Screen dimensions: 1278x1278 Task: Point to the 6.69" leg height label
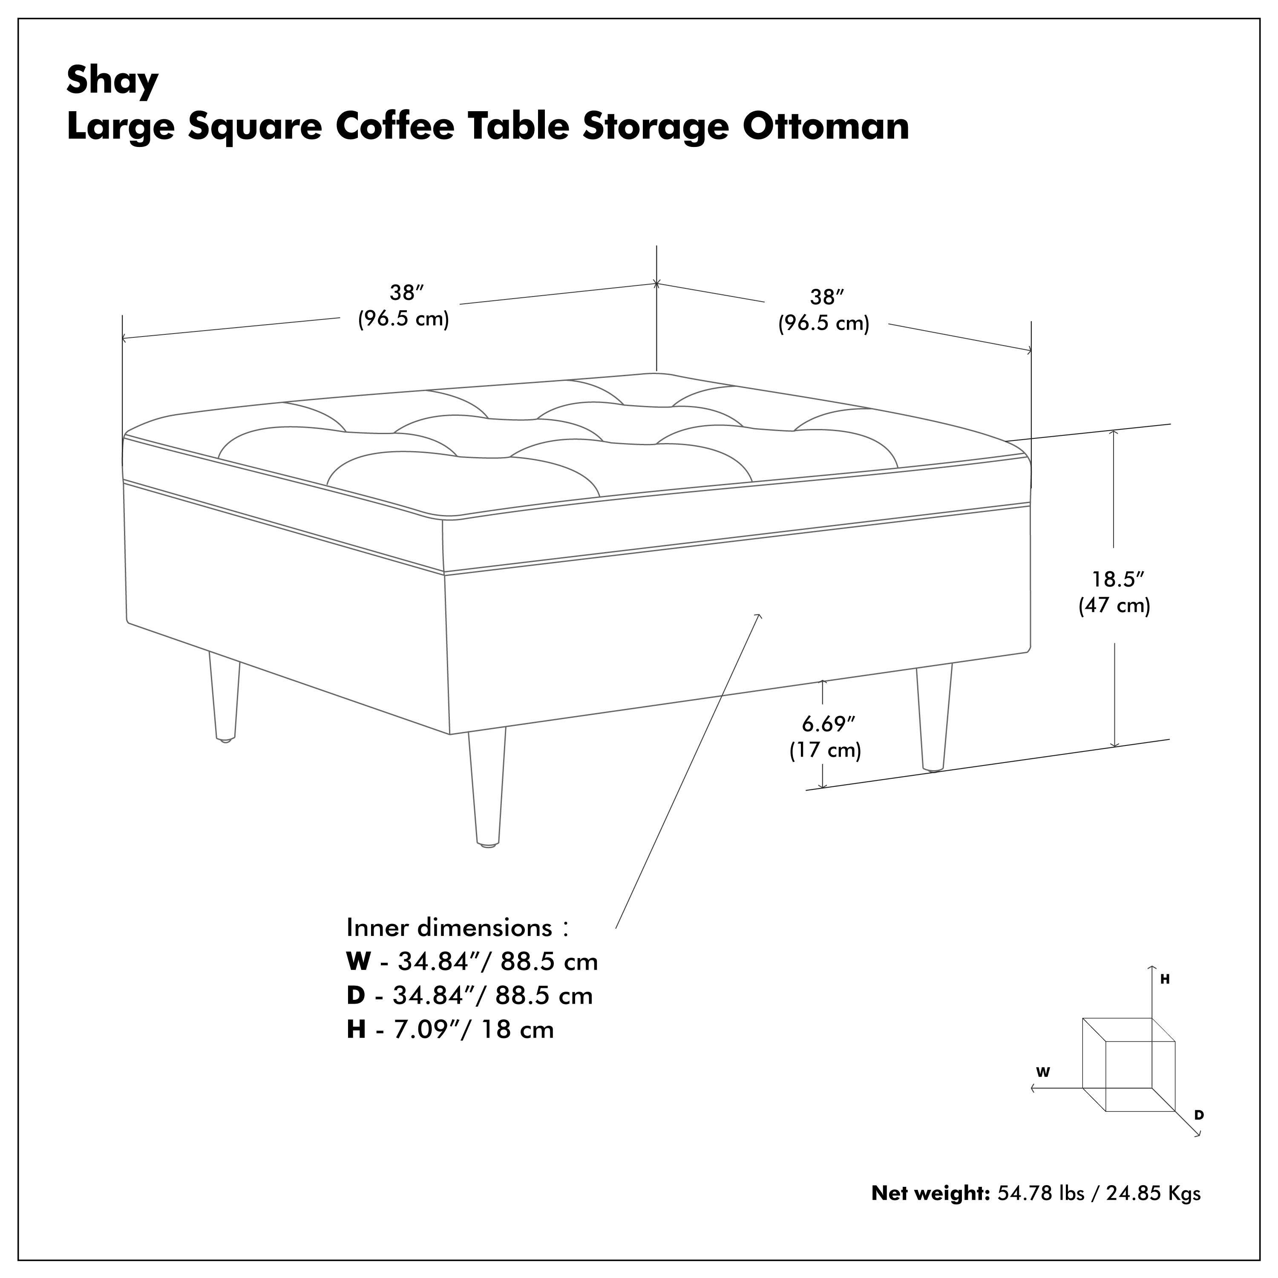pyautogui.click(x=828, y=724)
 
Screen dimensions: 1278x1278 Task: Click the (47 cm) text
pyautogui.click(x=1114, y=605)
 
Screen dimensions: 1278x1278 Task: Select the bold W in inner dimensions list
pyautogui.click(x=358, y=962)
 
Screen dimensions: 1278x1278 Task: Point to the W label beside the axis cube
pyautogui.click(x=1042, y=1072)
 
